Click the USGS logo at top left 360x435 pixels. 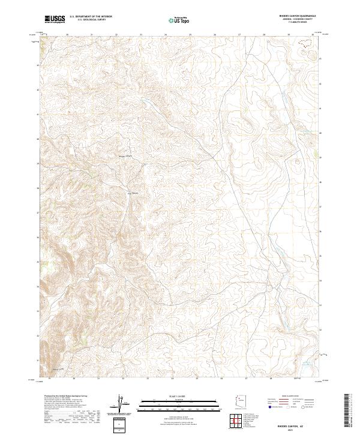tap(55, 19)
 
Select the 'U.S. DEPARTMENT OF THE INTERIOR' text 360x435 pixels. tap(91, 17)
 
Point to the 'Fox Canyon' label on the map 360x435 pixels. tap(135, 193)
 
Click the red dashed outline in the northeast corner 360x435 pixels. tap(306, 43)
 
